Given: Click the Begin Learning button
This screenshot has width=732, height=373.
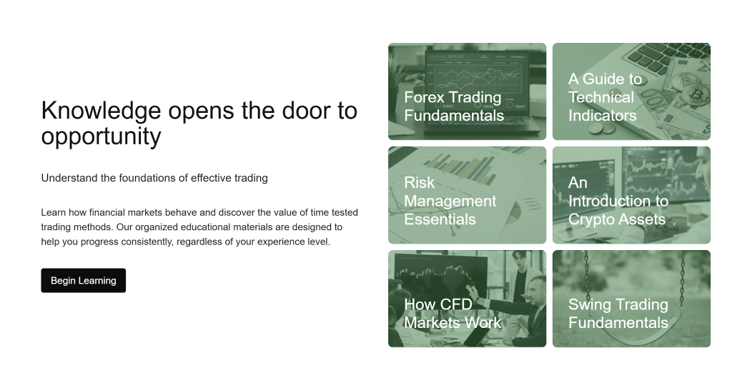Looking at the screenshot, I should (x=83, y=281).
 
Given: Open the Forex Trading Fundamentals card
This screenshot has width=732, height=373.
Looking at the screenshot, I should (x=467, y=91).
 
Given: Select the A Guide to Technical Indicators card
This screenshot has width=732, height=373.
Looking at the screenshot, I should (x=631, y=91).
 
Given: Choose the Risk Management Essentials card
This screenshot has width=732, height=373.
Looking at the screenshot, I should (x=467, y=195).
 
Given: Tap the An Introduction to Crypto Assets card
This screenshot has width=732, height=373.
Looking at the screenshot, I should (x=631, y=195).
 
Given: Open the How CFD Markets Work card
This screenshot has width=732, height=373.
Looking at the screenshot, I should (x=467, y=299).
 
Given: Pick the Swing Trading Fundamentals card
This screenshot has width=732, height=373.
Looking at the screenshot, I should (x=631, y=299).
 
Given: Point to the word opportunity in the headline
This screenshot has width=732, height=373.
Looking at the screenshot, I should (x=101, y=136).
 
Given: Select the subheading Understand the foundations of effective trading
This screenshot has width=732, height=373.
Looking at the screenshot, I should (x=154, y=178).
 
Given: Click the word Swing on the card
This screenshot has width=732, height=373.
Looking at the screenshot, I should (x=590, y=304).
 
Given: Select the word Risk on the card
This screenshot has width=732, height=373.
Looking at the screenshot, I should (x=419, y=183).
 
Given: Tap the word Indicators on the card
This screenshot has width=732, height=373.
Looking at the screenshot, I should (x=602, y=116).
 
